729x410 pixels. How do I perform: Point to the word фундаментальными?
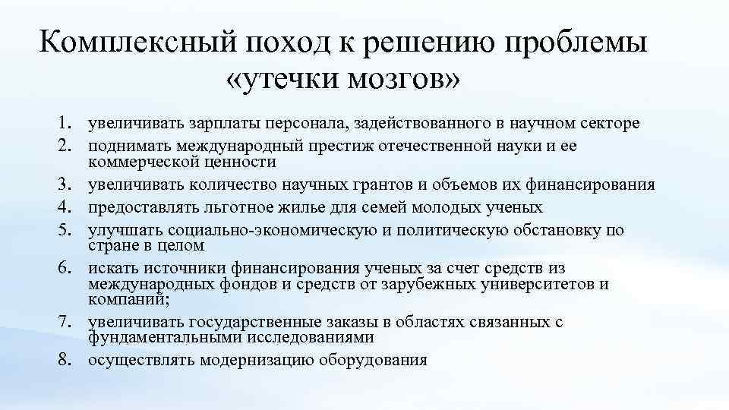click(x=156, y=337)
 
